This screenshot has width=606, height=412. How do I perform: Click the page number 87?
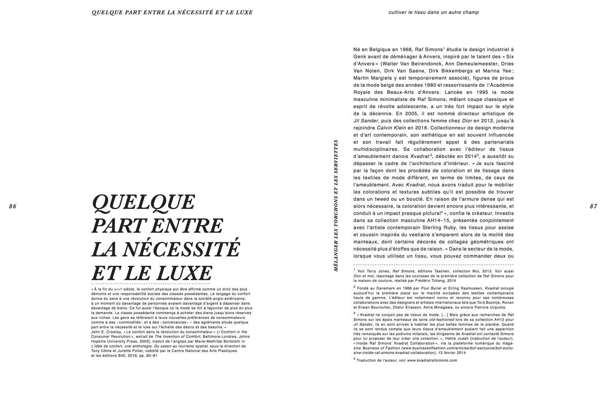point(593,206)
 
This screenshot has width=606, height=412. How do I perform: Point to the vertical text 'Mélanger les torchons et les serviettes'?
point(336,205)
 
